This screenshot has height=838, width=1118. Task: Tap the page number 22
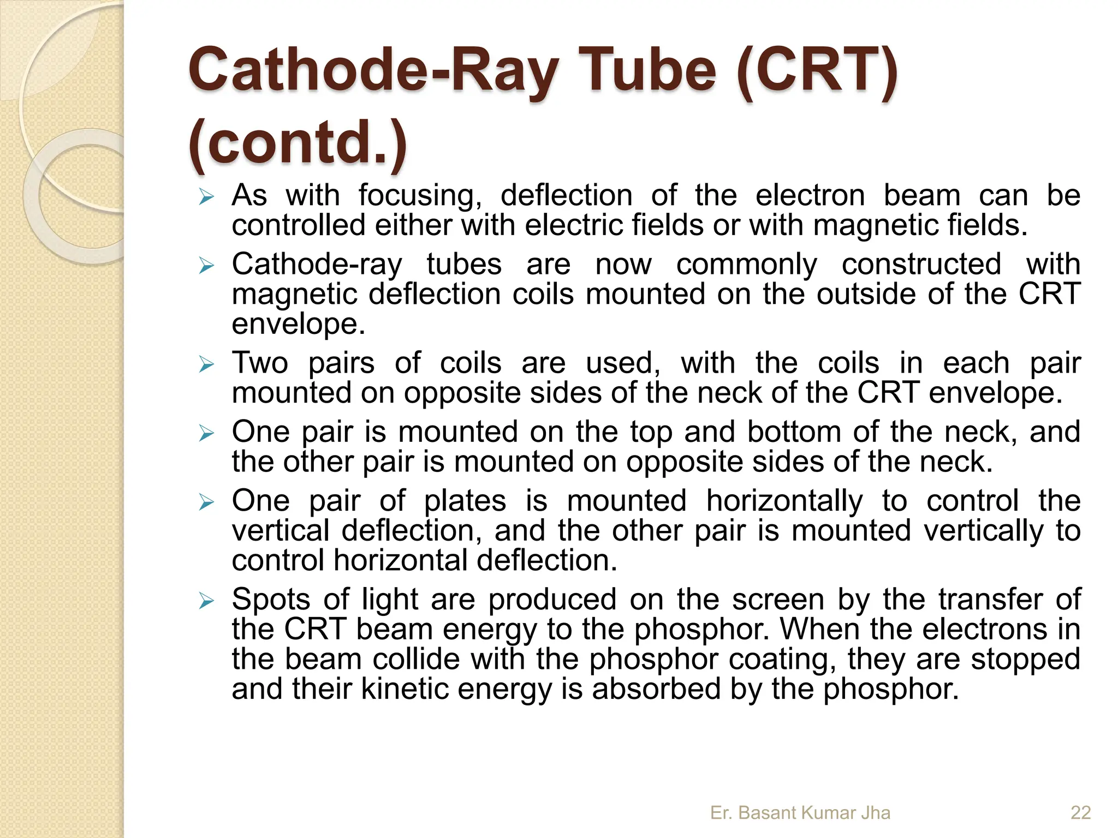1080,813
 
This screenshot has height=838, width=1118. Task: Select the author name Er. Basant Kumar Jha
800,813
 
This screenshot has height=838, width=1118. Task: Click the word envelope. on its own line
298,324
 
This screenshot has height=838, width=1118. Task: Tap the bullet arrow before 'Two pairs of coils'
206,364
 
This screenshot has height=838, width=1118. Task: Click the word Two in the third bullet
260,363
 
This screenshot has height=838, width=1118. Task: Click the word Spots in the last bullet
271,599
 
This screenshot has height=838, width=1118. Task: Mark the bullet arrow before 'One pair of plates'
206,502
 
